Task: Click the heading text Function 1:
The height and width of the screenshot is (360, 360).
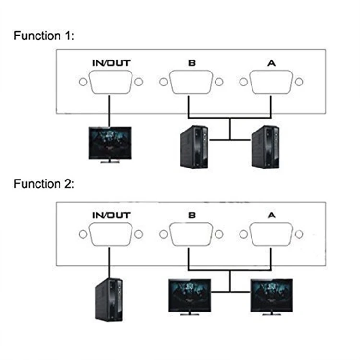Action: (44, 36)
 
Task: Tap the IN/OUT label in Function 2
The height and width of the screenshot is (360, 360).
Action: (111, 216)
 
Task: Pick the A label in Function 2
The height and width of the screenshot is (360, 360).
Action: (272, 216)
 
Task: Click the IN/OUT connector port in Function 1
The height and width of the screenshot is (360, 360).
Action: (111, 83)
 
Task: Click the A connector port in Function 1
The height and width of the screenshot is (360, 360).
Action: (272, 83)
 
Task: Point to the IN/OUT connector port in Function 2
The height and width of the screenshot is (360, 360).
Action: (111, 234)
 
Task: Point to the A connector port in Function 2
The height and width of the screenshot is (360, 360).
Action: (272, 234)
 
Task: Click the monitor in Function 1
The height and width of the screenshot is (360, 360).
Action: (110, 144)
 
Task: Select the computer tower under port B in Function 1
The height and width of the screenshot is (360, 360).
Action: (194, 146)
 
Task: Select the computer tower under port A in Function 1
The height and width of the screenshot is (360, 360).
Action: (265, 146)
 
